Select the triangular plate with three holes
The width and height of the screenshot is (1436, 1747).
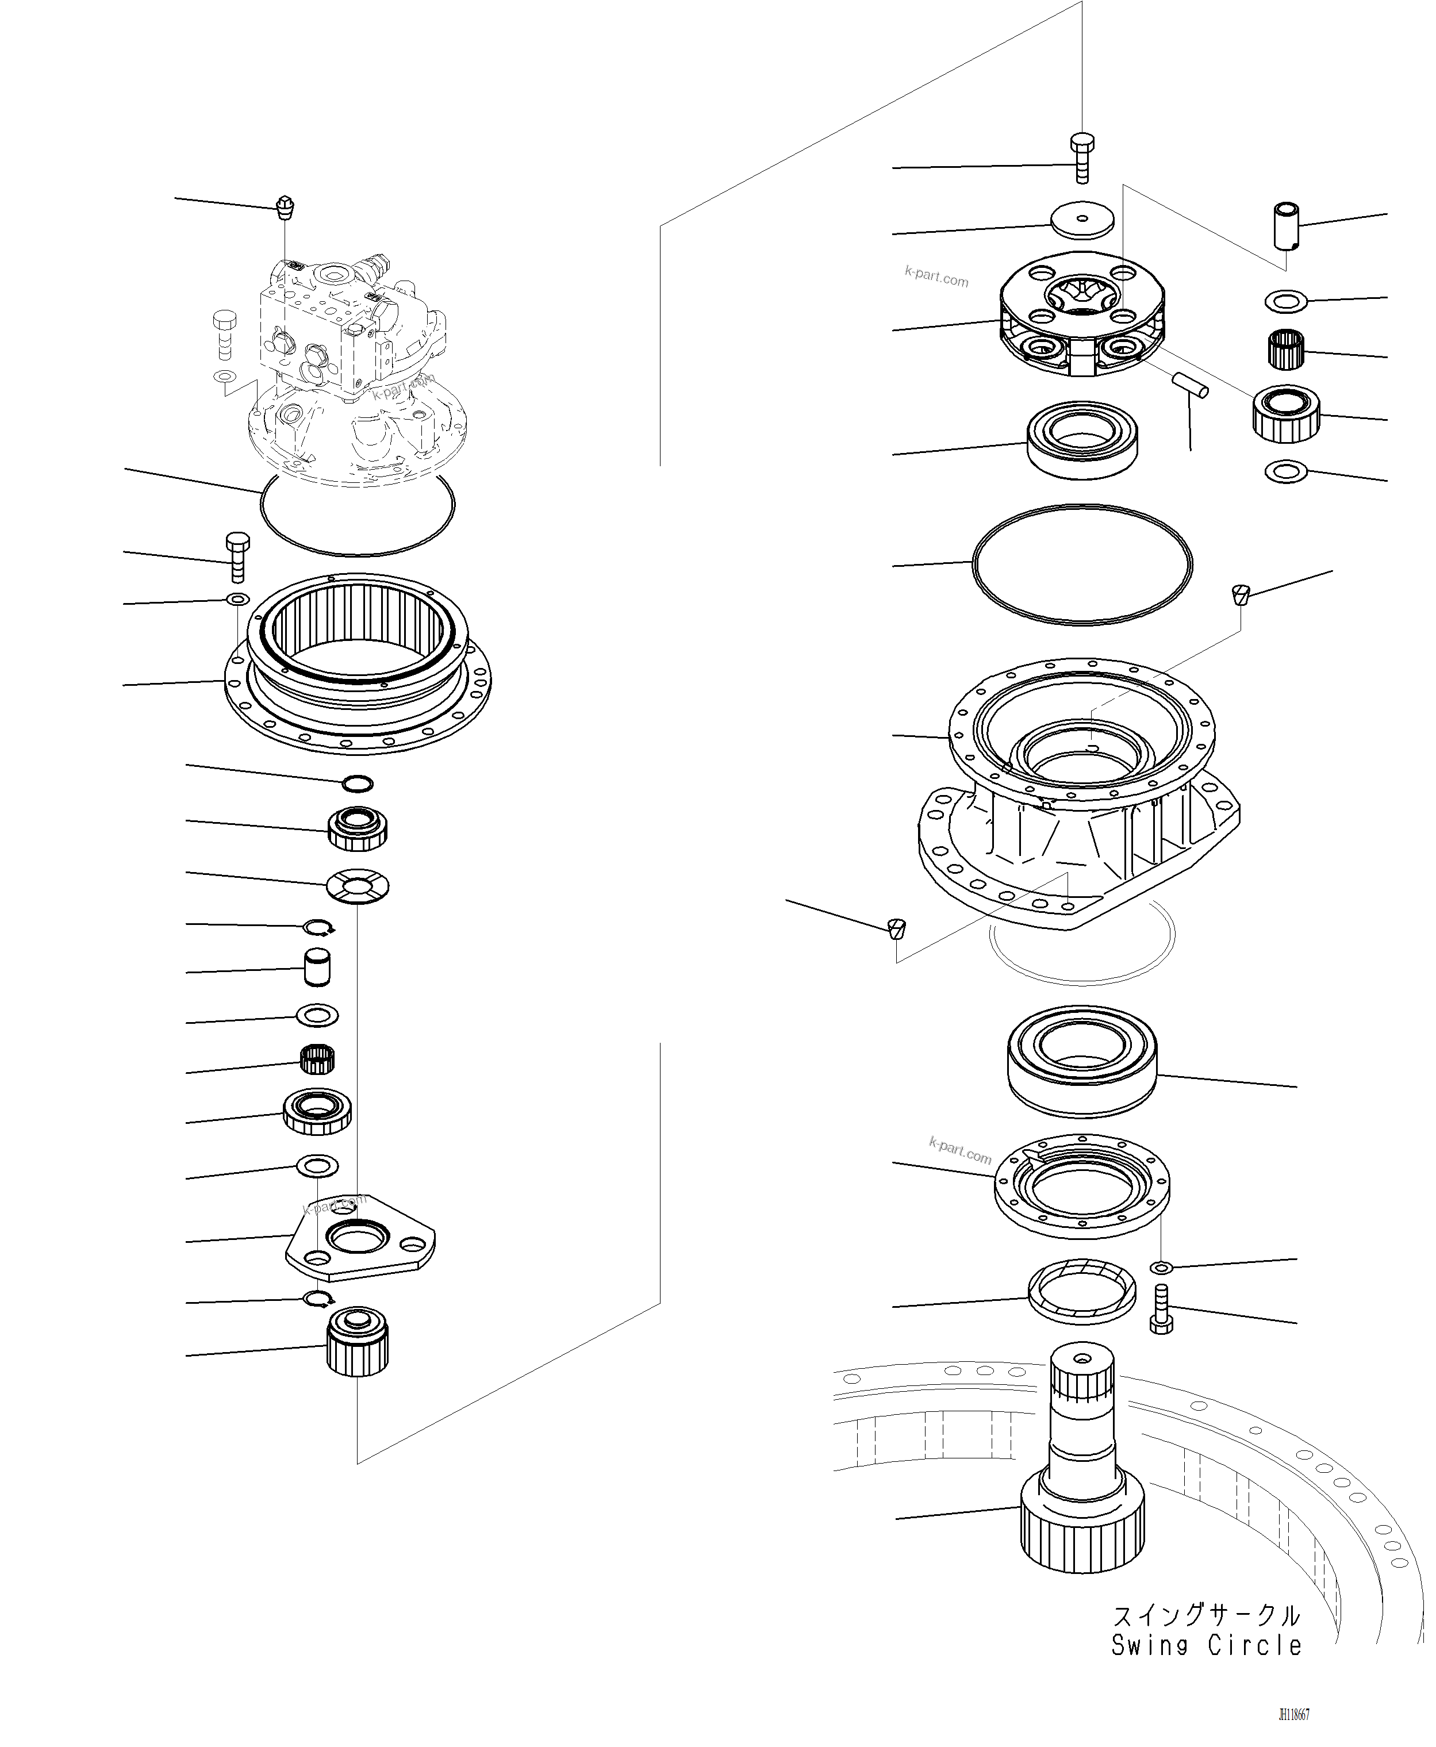[360, 1239]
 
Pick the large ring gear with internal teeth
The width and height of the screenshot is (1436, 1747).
[358, 662]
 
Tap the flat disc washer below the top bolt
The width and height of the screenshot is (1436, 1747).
[1082, 220]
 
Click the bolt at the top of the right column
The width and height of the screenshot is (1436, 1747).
[1082, 156]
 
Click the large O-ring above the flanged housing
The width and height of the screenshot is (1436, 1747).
[1082, 563]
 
